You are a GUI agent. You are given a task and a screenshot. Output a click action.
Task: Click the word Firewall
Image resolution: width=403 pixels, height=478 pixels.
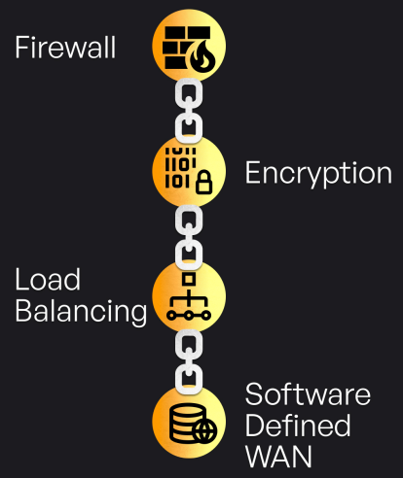(65, 48)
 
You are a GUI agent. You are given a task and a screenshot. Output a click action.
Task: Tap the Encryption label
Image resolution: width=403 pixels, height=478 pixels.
(318, 174)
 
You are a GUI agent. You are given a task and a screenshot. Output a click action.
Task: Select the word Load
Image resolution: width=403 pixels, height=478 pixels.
(48, 279)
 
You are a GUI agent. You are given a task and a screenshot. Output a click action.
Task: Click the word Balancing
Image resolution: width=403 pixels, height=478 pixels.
(81, 311)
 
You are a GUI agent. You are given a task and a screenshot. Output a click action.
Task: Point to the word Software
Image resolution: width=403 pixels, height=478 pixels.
(308, 393)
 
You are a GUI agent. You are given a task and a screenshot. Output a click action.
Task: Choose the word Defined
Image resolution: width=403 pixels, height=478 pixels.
(298, 425)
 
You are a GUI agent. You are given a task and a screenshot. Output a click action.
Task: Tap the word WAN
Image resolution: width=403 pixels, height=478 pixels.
(278, 456)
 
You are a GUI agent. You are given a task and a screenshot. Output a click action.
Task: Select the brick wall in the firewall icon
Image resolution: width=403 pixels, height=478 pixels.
(182, 48)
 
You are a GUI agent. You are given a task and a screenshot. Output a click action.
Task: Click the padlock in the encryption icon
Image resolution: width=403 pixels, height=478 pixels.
(204, 183)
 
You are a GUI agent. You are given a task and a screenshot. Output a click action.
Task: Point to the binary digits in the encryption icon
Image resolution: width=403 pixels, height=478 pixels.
(180, 167)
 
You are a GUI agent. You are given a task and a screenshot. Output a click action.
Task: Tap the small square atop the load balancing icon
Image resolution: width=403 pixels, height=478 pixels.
(189, 280)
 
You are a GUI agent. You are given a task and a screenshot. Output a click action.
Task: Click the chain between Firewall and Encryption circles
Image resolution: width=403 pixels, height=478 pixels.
(189, 111)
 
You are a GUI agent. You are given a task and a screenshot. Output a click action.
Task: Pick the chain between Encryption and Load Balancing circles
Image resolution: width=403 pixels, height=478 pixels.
(189, 237)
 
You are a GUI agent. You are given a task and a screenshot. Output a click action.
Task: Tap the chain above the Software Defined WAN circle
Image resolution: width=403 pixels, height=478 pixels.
(189, 362)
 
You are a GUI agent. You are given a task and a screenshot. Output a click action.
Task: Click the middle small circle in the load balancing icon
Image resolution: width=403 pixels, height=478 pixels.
(189, 315)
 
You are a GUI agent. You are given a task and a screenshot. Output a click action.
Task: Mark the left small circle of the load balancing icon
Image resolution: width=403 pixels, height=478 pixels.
(171, 315)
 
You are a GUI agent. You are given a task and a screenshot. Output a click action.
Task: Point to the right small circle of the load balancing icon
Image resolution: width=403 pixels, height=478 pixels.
(206, 315)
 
